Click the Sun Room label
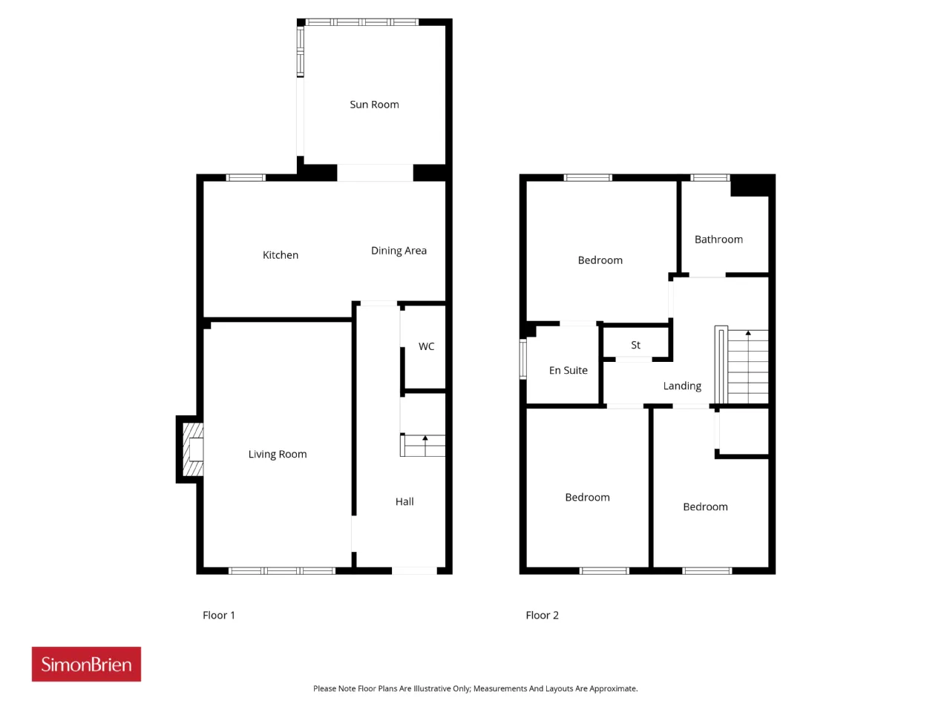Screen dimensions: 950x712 374,104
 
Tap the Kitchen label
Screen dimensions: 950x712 280,254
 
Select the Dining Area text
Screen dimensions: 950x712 398,251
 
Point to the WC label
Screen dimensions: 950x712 426,346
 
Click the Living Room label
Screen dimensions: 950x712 277,454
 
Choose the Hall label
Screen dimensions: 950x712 404,501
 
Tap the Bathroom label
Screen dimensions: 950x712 718,240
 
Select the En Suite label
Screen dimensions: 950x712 568,371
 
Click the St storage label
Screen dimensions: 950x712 635,345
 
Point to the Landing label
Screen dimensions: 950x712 681,386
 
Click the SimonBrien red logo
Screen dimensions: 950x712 86,664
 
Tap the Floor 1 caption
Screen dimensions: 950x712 218,615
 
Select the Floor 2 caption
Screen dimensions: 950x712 542,615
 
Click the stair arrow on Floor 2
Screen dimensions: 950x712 747,333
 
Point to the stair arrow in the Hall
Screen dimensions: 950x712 425,438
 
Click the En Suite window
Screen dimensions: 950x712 522,359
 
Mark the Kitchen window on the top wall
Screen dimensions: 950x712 246,177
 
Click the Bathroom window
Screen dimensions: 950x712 710,177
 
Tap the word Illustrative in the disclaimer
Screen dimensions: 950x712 442,688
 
